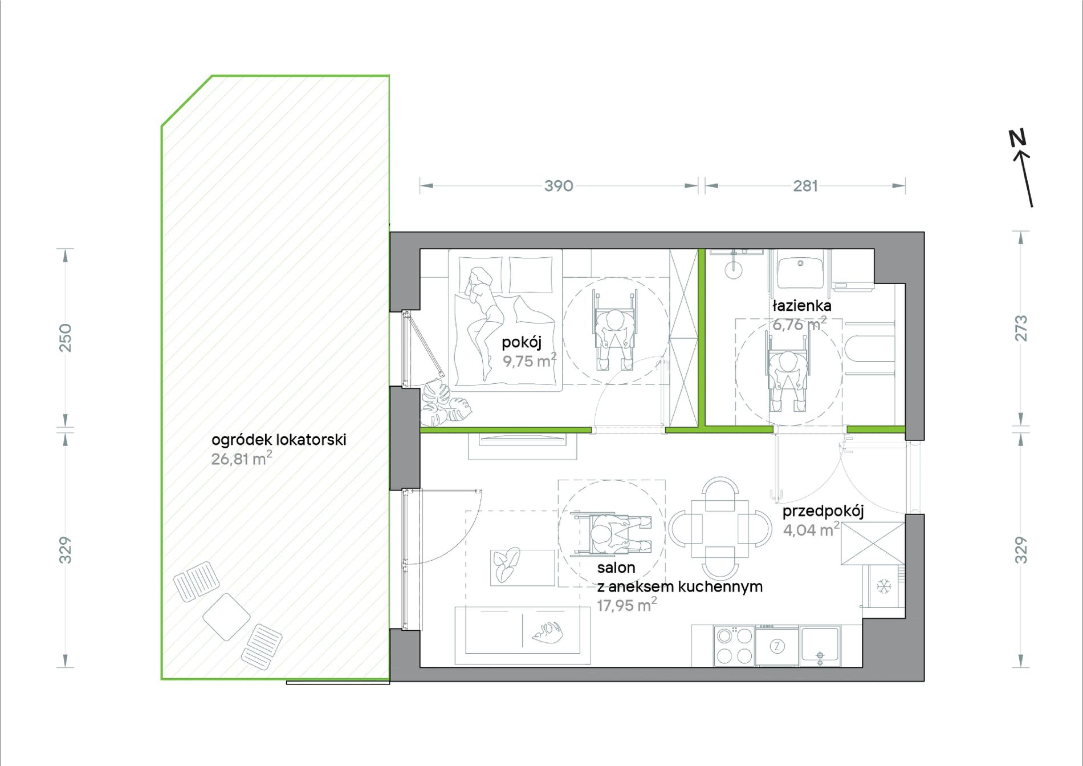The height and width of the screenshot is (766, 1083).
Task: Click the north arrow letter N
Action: (x=1017, y=139)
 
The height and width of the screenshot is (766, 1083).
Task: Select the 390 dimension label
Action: (x=559, y=186)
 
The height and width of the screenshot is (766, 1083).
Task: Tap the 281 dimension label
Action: (x=805, y=186)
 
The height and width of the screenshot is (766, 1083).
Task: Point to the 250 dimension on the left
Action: (x=66, y=337)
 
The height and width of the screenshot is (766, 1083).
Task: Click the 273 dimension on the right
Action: (x=1021, y=328)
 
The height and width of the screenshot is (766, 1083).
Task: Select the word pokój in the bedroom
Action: (x=521, y=342)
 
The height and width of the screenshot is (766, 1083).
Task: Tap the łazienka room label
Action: (x=801, y=306)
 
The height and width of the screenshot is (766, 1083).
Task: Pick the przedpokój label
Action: (x=823, y=512)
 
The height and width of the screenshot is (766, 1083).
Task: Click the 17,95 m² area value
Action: (x=626, y=605)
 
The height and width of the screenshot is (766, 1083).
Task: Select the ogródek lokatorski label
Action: (x=279, y=440)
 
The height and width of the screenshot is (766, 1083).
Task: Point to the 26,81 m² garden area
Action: (x=241, y=459)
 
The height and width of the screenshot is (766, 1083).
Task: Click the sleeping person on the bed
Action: (x=484, y=322)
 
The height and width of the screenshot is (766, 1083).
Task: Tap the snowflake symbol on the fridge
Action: (x=883, y=586)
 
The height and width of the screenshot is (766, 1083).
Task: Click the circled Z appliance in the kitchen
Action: (x=777, y=646)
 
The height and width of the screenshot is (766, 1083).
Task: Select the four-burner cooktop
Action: (x=734, y=646)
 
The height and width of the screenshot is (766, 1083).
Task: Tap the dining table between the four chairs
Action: (x=720, y=528)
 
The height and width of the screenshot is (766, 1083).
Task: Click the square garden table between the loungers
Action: (x=226, y=617)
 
